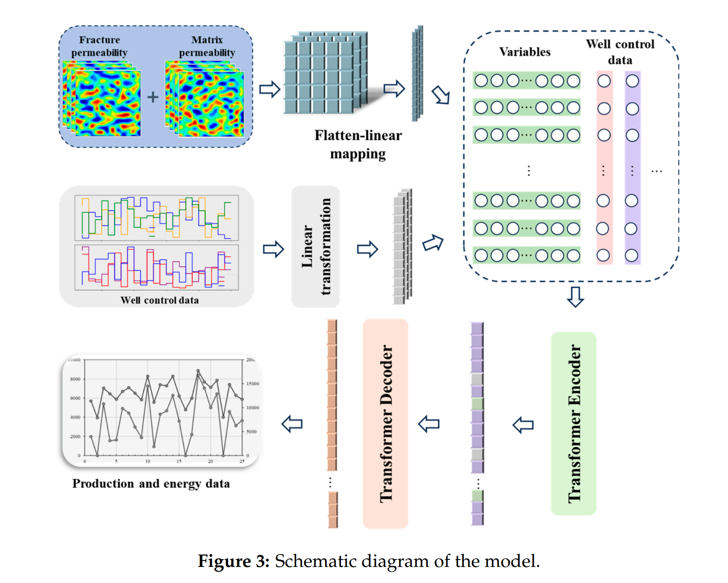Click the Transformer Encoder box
coord(573,423)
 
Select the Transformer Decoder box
coord(386,423)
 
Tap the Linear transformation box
coord(316,247)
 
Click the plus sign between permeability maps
coord(153,97)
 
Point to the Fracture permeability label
coord(99,46)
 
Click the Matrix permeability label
coord(207,46)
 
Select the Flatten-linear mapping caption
coord(358,144)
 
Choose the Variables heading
coord(525,52)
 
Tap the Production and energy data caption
coord(151,483)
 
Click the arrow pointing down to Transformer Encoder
coord(575,297)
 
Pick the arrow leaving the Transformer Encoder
coord(523,425)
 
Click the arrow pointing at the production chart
coord(292,424)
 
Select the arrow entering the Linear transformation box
coord(273,249)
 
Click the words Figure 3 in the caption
coord(233,561)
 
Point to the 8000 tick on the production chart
coord(75,379)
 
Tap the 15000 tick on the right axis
coord(253,384)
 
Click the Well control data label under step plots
coord(159,300)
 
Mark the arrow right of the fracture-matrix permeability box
coord(270,89)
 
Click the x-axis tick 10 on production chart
coord(147,461)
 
